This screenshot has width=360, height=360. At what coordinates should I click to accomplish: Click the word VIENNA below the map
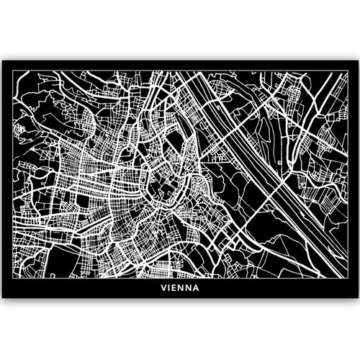coord(180,292)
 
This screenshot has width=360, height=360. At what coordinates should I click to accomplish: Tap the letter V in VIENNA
coord(165,292)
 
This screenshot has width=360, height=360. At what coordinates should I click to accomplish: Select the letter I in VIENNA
coord(171,292)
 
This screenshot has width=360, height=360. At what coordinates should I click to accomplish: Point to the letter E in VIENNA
coord(176,292)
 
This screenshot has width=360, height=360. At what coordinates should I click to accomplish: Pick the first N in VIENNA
coord(181,292)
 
